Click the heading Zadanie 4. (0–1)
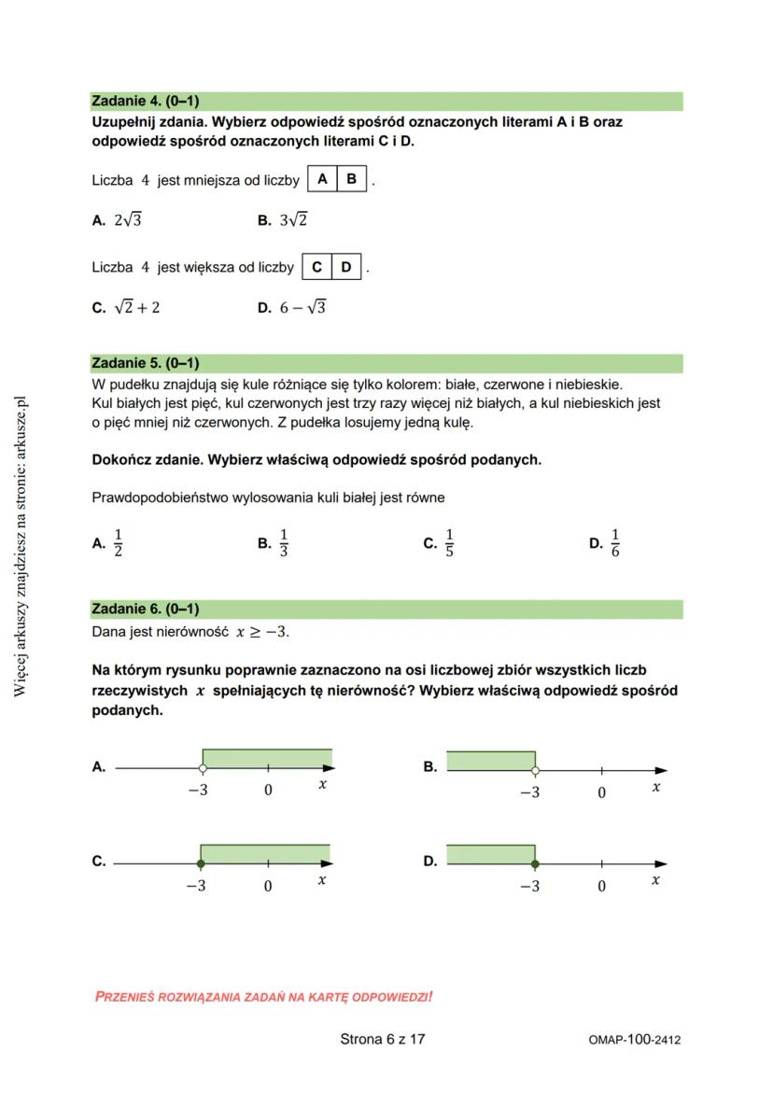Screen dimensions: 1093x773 click(x=145, y=101)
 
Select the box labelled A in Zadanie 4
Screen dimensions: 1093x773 click(x=322, y=179)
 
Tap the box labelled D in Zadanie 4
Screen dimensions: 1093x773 click(x=346, y=268)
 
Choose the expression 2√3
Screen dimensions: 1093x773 click(x=128, y=221)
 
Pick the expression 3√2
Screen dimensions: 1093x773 click(x=294, y=221)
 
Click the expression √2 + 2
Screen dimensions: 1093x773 click(x=136, y=308)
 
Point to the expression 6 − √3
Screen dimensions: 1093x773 click(x=302, y=308)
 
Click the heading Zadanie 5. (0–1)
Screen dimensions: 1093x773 click(x=145, y=363)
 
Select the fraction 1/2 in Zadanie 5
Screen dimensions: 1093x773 click(x=118, y=542)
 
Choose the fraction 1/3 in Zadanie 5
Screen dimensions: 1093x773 click(x=284, y=542)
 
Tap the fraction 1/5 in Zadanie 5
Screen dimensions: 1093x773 click(x=449, y=542)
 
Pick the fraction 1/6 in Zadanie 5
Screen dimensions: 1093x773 click(x=615, y=542)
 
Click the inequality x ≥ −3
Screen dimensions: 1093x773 click(x=262, y=632)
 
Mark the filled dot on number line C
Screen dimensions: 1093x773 click(x=201, y=863)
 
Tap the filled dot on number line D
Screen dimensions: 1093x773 click(x=535, y=863)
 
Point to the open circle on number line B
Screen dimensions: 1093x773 click(x=535, y=771)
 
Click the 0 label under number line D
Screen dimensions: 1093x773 click(x=601, y=886)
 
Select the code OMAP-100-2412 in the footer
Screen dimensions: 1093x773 click(x=635, y=1040)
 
